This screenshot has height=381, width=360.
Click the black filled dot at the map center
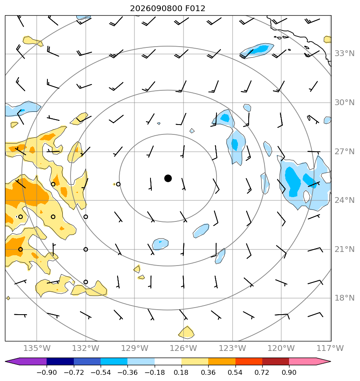(x=168, y=179)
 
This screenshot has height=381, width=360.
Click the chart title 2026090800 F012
(x=168, y=9)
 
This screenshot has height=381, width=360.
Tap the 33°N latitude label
(x=344, y=54)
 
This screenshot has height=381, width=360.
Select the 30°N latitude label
(x=344, y=103)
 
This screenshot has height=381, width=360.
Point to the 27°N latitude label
(x=344, y=152)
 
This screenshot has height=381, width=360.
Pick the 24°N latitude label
(x=344, y=200)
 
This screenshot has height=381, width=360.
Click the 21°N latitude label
(x=344, y=249)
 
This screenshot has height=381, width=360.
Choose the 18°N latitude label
(x=344, y=298)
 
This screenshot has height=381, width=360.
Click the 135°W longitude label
(x=37, y=348)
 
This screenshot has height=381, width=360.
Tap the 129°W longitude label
(x=134, y=348)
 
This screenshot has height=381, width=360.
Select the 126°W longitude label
(x=183, y=348)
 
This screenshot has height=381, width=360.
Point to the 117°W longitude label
(x=330, y=348)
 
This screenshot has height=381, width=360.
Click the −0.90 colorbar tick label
(x=47, y=372)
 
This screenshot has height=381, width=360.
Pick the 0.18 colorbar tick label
(x=181, y=372)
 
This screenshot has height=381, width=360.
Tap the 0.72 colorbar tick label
(x=262, y=372)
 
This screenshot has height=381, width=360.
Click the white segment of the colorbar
(x=168, y=361)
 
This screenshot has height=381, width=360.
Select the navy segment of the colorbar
(x=60, y=361)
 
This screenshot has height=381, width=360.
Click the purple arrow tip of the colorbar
(x=6, y=361)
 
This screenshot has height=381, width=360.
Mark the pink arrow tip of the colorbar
(x=330, y=361)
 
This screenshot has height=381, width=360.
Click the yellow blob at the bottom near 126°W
(x=186, y=333)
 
